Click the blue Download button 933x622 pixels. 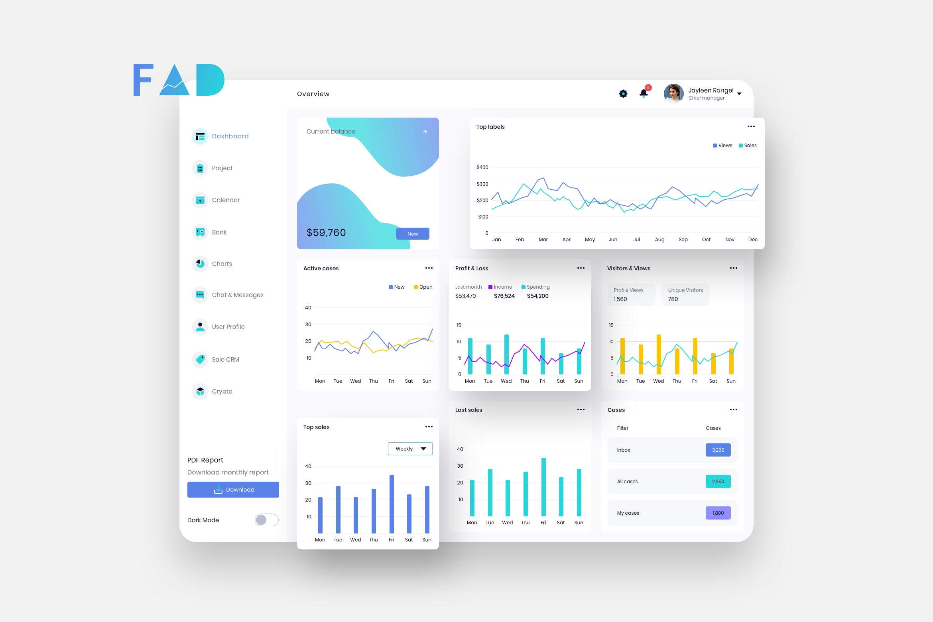click(233, 490)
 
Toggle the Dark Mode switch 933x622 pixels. click(267, 520)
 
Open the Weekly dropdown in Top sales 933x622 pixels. click(410, 449)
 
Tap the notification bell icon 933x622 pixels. click(644, 94)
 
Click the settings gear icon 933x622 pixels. click(623, 94)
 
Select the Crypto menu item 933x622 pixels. click(222, 392)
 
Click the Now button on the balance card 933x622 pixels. click(413, 234)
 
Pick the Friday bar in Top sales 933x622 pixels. click(392, 504)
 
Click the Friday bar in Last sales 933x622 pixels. click(543, 487)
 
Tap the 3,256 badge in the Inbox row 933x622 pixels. click(718, 450)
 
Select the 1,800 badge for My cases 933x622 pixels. click(718, 513)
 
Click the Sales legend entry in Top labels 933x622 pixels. click(748, 146)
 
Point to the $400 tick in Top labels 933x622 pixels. click(482, 167)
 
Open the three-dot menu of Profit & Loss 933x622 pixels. click(581, 268)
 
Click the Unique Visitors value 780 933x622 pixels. click(673, 299)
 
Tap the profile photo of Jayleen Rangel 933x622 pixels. click(673, 94)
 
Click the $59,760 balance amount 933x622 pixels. click(326, 233)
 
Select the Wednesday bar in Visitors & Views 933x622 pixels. click(659, 354)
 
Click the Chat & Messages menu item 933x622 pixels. click(237, 295)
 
